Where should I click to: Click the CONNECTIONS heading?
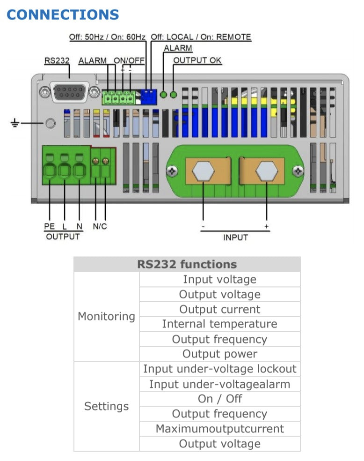tap(63, 15)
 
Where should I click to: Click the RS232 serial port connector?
tap(69, 92)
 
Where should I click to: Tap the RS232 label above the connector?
tap(57, 60)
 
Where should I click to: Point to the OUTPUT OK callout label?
tap(197, 60)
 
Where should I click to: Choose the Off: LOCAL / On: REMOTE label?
tap(201, 37)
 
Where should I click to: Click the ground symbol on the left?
tap(15, 124)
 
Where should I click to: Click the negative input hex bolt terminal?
tap(204, 171)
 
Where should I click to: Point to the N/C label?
tap(100, 226)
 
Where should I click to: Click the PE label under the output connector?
tap(49, 226)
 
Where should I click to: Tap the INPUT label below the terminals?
tap(235, 238)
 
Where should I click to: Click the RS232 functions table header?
tap(187, 264)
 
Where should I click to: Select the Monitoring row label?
tap(106, 316)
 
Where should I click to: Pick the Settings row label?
tap(106, 406)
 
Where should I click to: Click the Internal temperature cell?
tap(219, 324)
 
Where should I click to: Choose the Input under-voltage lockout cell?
tap(219, 369)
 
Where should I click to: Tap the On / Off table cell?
tap(219, 399)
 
